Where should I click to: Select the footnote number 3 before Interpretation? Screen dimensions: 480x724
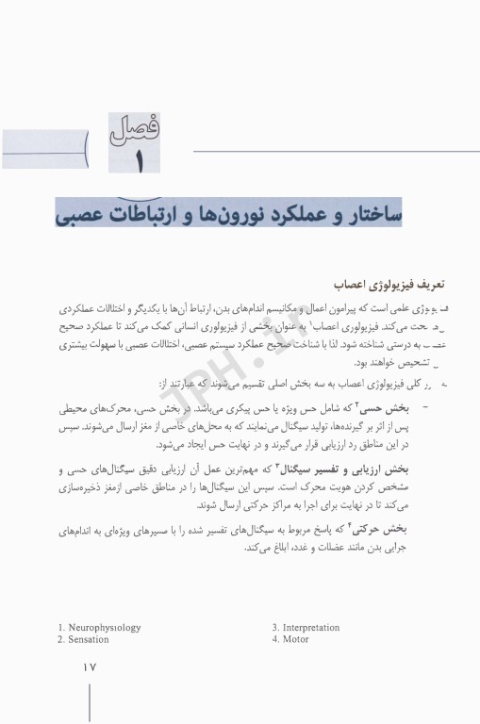coord(274,627)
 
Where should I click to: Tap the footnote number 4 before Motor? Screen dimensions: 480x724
coord(274,639)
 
